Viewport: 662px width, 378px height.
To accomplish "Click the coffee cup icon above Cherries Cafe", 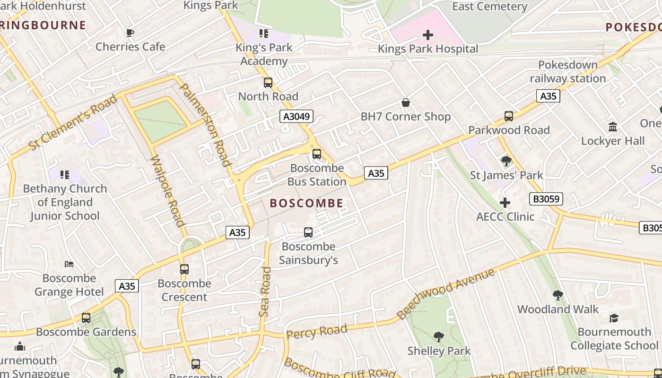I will [130, 33].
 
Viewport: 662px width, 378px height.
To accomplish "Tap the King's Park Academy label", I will [264, 54].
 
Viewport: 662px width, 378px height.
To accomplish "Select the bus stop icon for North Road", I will [268, 83].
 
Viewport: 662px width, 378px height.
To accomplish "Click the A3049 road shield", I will [296, 116].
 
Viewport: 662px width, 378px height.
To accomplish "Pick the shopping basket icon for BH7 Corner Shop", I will [405, 103].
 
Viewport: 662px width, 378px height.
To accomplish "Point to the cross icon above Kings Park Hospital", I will [428, 35].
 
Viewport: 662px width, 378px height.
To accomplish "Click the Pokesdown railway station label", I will [567, 71].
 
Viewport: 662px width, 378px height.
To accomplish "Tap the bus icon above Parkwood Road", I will [509, 116].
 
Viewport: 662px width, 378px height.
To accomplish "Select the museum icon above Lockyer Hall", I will [613, 127].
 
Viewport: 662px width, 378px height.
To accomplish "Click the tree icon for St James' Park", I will [506, 161].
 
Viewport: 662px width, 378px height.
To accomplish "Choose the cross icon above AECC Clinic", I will [505, 203].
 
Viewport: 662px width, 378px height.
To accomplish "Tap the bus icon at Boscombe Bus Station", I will [317, 154].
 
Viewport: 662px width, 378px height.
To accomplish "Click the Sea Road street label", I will [265, 292].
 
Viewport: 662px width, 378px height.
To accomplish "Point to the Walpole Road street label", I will [167, 191].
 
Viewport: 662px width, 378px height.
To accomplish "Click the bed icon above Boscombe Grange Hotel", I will [69, 264].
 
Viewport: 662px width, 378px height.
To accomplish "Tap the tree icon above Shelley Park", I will [439, 337].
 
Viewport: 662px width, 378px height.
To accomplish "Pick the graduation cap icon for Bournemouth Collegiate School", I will [614, 318].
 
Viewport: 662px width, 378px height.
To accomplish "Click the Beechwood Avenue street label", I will [446, 293].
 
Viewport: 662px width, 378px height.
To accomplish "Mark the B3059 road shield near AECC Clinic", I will [546, 199].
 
